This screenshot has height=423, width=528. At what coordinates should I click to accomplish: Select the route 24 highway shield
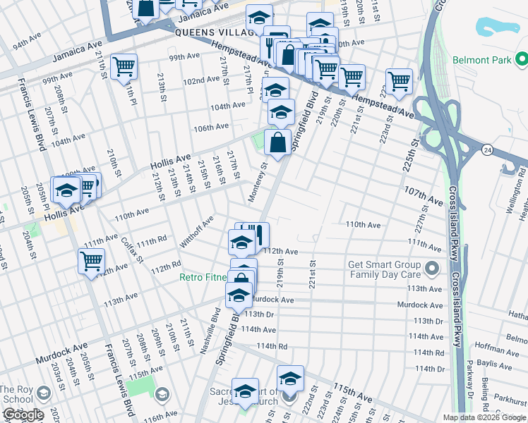coord(487,149)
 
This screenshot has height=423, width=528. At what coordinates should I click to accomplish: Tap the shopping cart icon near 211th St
coord(124,67)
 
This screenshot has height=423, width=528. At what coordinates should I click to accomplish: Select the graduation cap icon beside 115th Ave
coord(289,378)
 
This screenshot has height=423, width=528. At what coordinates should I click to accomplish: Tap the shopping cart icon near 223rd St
coord(399,81)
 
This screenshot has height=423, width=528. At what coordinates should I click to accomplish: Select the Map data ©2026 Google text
coord(484,417)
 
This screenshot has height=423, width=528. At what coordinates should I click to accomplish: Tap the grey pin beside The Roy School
coord(44,393)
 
